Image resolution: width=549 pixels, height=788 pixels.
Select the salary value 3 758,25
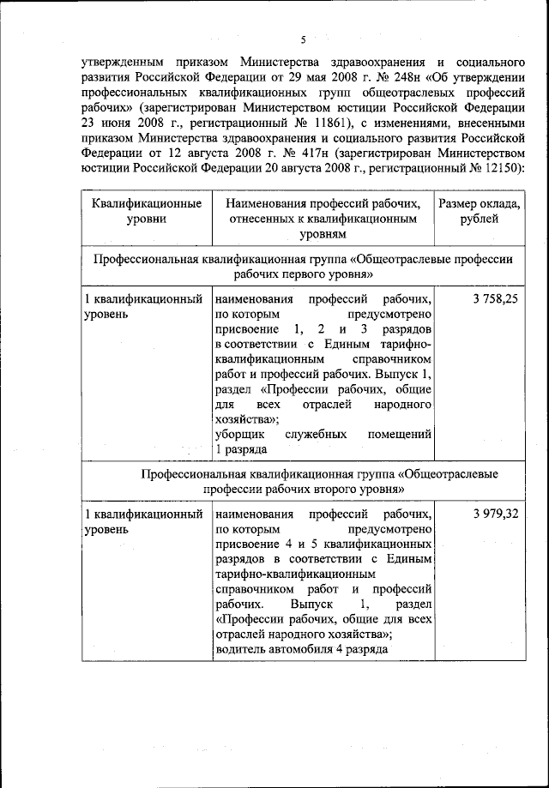click(x=495, y=300)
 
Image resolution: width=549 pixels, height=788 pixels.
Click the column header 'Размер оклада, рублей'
click(x=480, y=211)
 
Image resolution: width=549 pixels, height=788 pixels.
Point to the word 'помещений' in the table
click(x=399, y=435)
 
